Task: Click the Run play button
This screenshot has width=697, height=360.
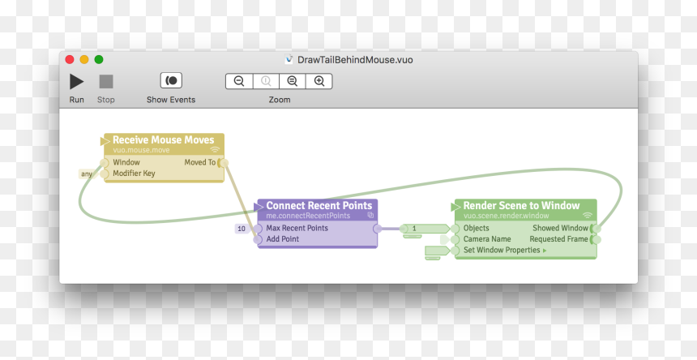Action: [x=76, y=81]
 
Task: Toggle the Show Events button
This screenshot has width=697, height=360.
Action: [x=171, y=81]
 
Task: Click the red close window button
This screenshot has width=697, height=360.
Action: [x=70, y=59]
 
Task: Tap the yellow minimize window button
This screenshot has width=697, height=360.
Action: [x=84, y=59]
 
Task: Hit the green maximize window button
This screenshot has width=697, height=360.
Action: [x=99, y=59]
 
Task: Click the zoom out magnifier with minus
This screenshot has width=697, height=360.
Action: [x=239, y=81]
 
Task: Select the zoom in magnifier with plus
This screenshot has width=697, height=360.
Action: [x=319, y=81]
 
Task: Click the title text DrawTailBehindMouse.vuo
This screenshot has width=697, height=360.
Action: [x=355, y=59]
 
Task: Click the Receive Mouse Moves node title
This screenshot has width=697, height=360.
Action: [x=164, y=140]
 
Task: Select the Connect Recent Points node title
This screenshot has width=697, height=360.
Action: [x=319, y=206]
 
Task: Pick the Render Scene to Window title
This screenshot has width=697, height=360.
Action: [x=521, y=206]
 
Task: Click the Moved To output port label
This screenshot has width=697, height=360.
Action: [x=200, y=163]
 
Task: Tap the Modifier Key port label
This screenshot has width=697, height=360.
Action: [x=134, y=174]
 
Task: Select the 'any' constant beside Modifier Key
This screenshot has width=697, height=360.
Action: [x=87, y=174]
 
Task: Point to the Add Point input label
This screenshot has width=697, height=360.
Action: [x=283, y=239]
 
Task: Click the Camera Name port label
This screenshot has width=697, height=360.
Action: [x=487, y=239]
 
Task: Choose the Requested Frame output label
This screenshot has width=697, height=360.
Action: [x=558, y=239]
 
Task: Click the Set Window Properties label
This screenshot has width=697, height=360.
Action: [x=502, y=251]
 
